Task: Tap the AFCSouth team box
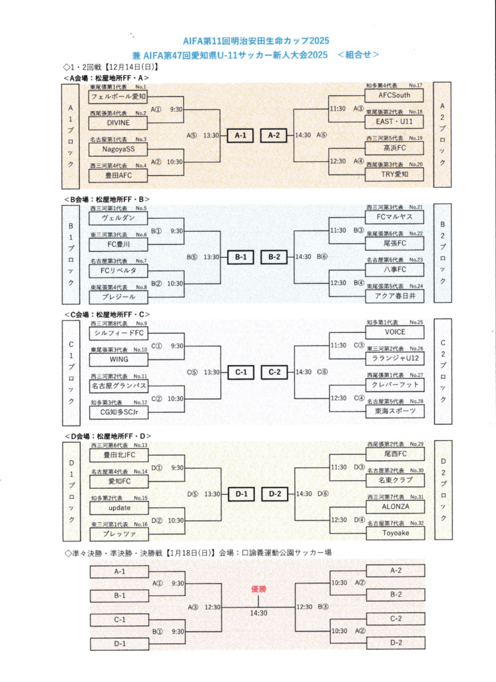(x=394, y=95)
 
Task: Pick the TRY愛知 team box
(x=394, y=174)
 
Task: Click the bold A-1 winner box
(x=240, y=135)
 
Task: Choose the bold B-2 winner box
(x=274, y=256)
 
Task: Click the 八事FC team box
(x=394, y=269)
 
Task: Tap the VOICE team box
(x=394, y=332)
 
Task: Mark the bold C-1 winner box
(x=240, y=372)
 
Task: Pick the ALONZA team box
(x=394, y=506)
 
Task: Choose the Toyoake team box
(x=394, y=533)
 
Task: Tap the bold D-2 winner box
(x=274, y=494)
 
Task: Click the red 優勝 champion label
(x=258, y=588)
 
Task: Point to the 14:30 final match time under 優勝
(x=258, y=613)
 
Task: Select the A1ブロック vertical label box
(x=71, y=135)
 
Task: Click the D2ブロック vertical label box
(x=443, y=490)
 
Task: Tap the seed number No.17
(x=416, y=86)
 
